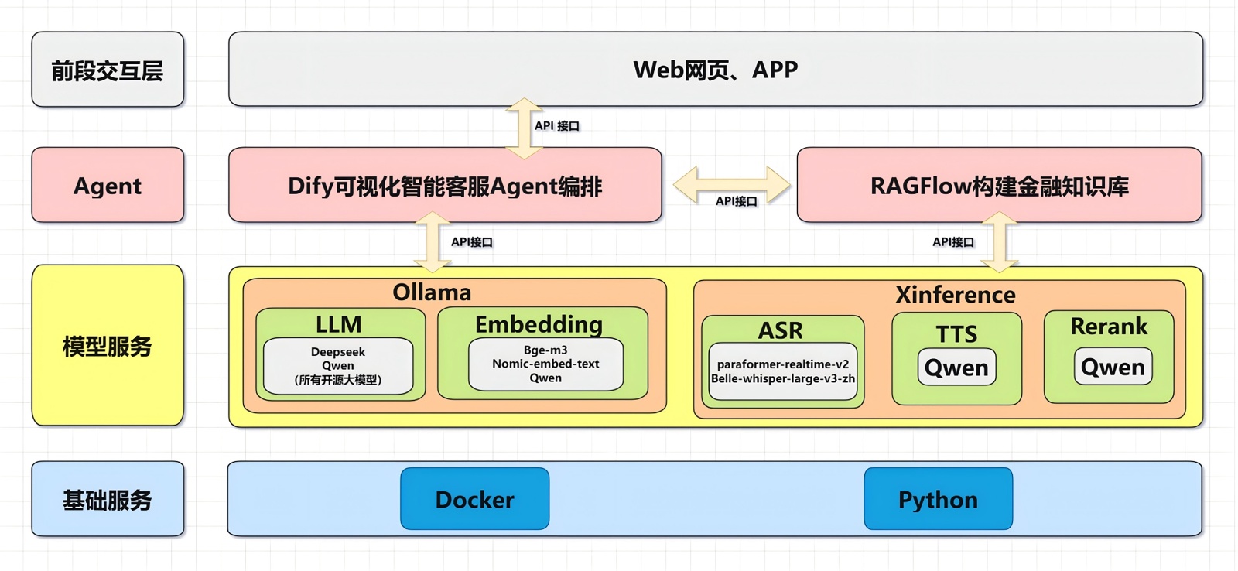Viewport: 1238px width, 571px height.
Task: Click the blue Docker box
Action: (474, 499)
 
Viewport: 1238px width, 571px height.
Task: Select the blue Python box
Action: (938, 499)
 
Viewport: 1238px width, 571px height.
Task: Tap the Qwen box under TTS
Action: (956, 368)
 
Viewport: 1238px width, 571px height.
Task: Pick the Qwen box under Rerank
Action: (1113, 367)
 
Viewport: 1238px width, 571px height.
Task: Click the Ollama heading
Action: (432, 292)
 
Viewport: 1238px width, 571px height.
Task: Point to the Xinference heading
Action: (956, 295)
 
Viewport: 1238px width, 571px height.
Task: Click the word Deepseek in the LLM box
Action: (338, 352)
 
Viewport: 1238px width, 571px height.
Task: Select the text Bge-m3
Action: (545, 350)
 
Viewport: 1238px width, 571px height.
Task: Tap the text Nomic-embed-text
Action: (545, 364)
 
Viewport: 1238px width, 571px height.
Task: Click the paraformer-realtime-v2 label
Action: (783, 364)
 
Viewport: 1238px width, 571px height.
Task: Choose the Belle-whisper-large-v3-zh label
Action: (783, 378)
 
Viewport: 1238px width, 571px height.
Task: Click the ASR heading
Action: (780, 330)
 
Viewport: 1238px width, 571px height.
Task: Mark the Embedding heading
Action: (539, 324)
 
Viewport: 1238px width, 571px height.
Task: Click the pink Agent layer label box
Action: (108, 186)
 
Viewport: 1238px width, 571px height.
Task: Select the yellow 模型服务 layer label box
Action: (108, 346)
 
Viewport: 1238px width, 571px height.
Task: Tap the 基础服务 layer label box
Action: (108, 500)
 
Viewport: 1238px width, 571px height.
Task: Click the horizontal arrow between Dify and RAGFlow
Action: (731, 183)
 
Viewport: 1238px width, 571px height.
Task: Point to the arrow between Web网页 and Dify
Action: (524, 128)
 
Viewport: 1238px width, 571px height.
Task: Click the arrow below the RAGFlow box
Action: (1000, 242)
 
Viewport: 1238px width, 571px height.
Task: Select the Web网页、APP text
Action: (715, 70)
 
